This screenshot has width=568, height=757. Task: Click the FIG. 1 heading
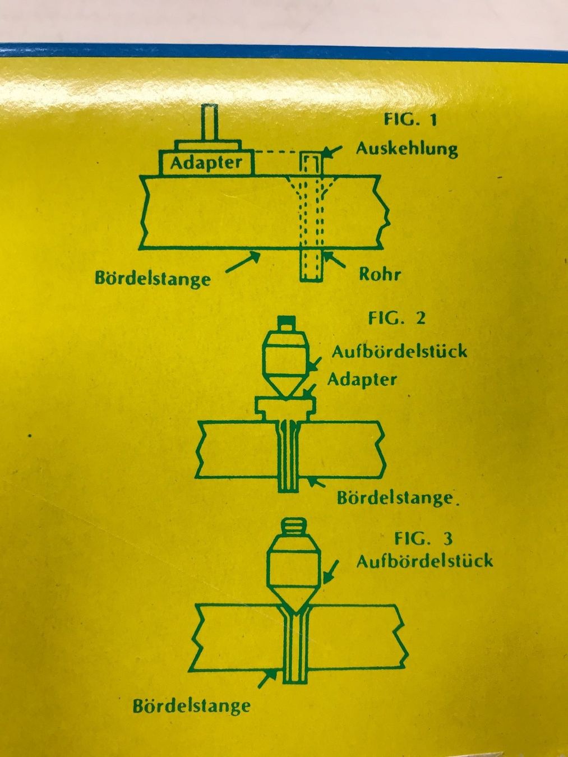[410, 120]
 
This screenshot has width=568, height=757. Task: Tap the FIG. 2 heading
[397, 318]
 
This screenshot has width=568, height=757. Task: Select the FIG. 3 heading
[423, 539]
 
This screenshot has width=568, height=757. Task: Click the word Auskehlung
[407, 149]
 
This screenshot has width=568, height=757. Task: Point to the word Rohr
[380, 274]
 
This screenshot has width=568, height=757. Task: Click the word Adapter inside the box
[206, 163]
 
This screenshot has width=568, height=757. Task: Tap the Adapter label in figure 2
[362, 380]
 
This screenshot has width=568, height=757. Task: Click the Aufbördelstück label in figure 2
[399, 352]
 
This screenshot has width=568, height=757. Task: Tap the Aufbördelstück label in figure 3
[424, 561]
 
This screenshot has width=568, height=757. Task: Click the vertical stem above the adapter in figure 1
[210, 123]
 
